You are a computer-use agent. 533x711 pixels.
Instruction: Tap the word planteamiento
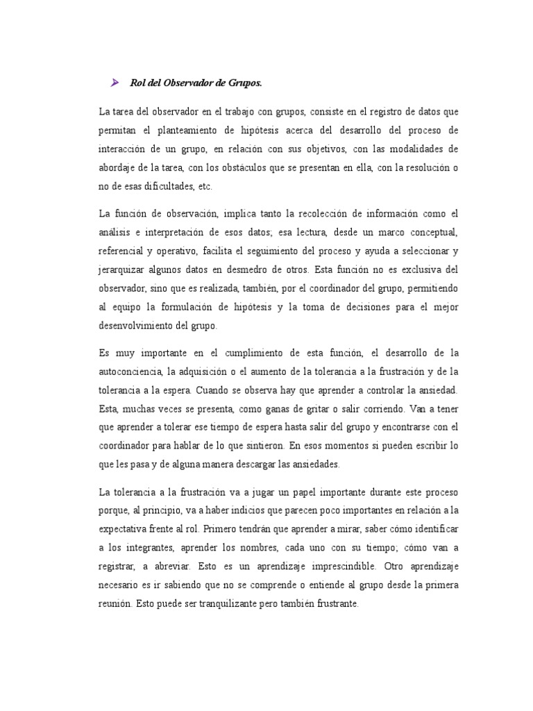190,130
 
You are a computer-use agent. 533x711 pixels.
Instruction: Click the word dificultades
166,186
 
